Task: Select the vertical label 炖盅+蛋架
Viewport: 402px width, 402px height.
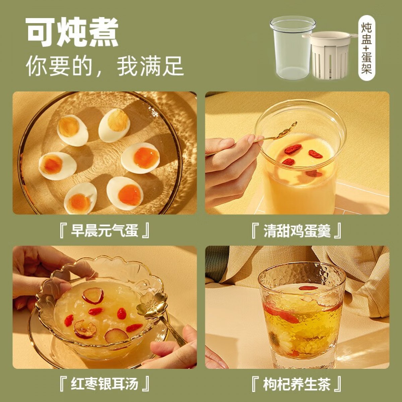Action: [366, 48]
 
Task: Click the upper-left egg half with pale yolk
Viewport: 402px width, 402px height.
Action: [73, 130]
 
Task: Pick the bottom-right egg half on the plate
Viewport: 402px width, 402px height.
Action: [125, 191]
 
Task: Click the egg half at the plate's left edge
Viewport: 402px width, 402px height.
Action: [58, 166]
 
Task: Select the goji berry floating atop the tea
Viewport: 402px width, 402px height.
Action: [308, 288]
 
